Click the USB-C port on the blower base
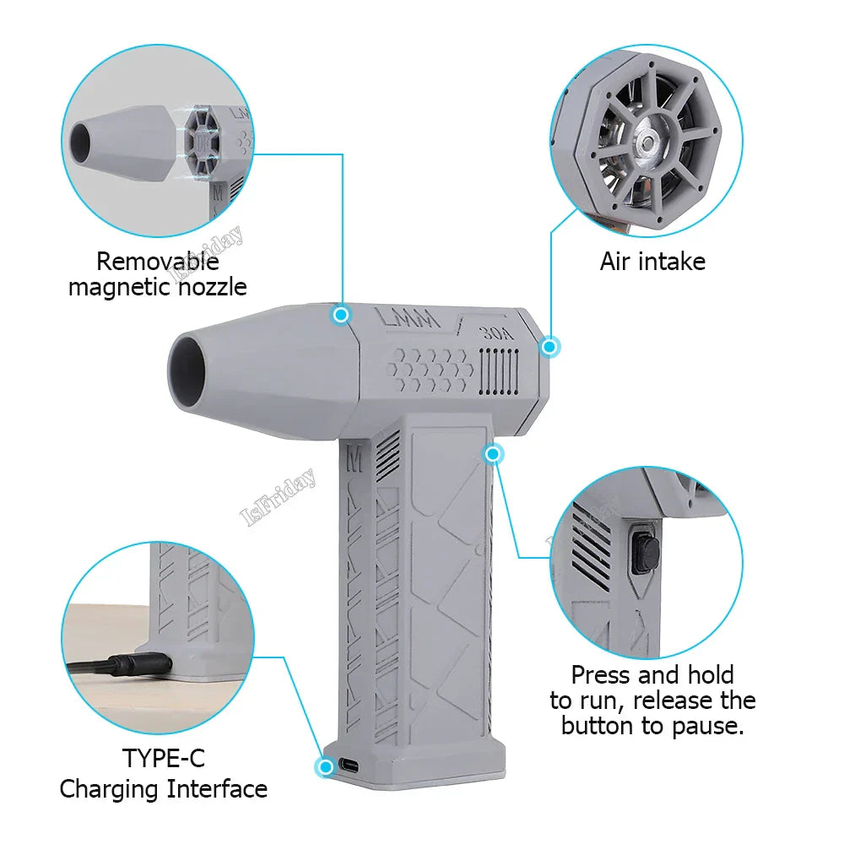tap(347, 766)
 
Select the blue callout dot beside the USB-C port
tap(324, 766)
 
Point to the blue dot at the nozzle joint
tap(341, 315)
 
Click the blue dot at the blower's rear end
tap(550, 346)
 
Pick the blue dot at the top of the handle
tap(494, 455)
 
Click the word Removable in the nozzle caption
tap(157, 262)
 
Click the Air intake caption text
tap(652, 262)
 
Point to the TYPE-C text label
tap(164, 758)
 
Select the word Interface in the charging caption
tap(217, 789)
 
